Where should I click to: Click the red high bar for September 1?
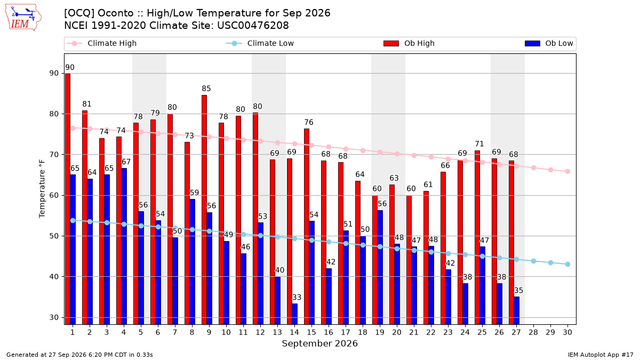(68, 199)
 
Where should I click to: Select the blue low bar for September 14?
(294, 314)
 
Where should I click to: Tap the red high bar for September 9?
(204, 210)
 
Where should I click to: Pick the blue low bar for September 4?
(124, 246)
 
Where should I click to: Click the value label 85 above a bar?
(206, 89)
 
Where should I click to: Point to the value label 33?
(297, 298)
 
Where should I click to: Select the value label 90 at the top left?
(70, 67)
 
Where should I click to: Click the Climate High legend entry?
(102, 43)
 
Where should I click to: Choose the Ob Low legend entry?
(549, 43)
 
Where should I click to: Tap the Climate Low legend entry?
(260, 43)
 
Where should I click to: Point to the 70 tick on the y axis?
(54, 155)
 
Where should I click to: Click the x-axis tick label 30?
(567, 332)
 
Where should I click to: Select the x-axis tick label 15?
(311, 332)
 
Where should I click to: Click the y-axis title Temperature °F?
(42, 189)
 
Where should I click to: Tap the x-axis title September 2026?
(319, 343)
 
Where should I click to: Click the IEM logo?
(23, 18)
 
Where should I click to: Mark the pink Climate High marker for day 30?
(567, 171)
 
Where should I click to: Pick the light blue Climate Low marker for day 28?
(533, 261)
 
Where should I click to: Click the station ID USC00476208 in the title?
(253, 26)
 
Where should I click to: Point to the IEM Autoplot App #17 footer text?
(601, 355)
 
